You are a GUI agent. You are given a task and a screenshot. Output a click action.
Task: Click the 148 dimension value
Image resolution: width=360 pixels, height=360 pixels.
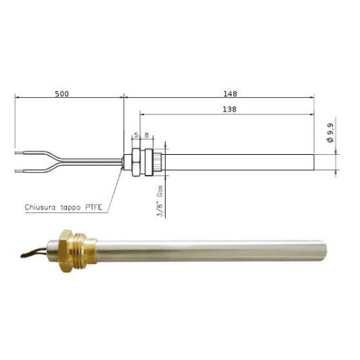pyautogui.click(x=231, y=94)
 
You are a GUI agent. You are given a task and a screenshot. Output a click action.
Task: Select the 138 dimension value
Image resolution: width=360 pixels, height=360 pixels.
pyautogui.click(x=231, y=109)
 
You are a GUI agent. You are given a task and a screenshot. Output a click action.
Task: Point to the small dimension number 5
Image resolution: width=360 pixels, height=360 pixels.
pyautogui.click(x=135, y=135)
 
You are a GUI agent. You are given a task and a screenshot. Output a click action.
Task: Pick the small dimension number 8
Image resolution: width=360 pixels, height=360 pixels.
pyautogui.click(x=147, y=135)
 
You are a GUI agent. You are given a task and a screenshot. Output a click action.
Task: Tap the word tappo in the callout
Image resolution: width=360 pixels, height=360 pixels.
pyautogui.click(x=76, y=208)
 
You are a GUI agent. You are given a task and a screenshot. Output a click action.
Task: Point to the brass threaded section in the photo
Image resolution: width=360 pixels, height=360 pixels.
pyautogui.click(x=84, y=250)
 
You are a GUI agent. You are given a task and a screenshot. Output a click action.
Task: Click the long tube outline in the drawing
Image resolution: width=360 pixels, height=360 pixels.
pyautogui.click(x=238, y=161)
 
